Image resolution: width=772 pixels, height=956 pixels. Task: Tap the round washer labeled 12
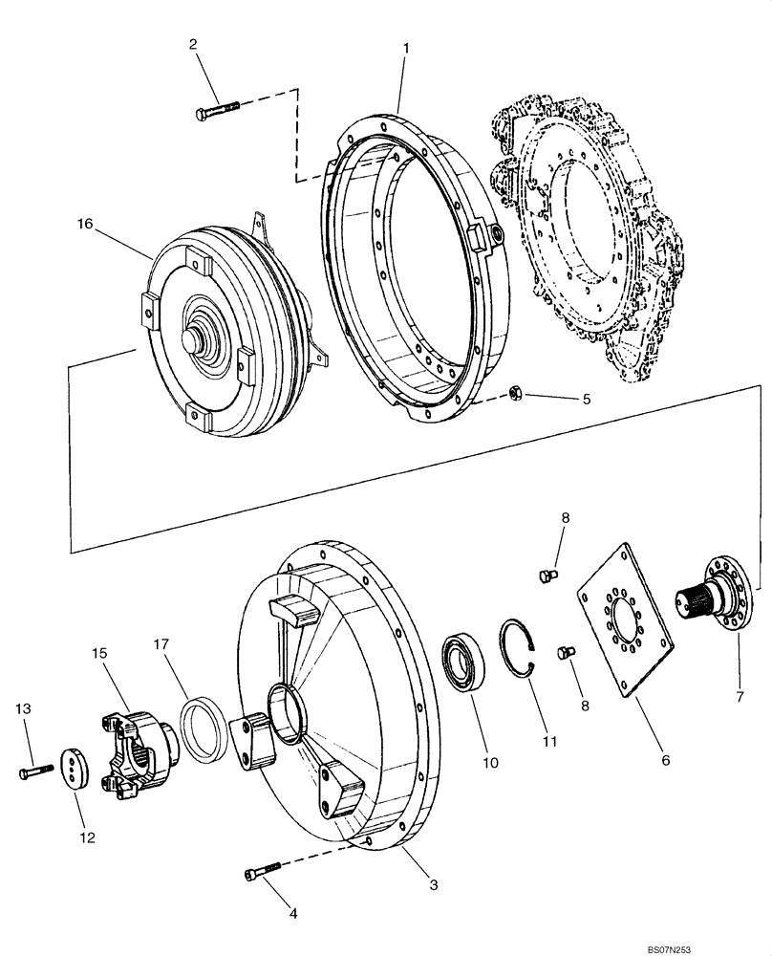[x=74, y=769]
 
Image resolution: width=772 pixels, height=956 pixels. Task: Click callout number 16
[x=86, y=225]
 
